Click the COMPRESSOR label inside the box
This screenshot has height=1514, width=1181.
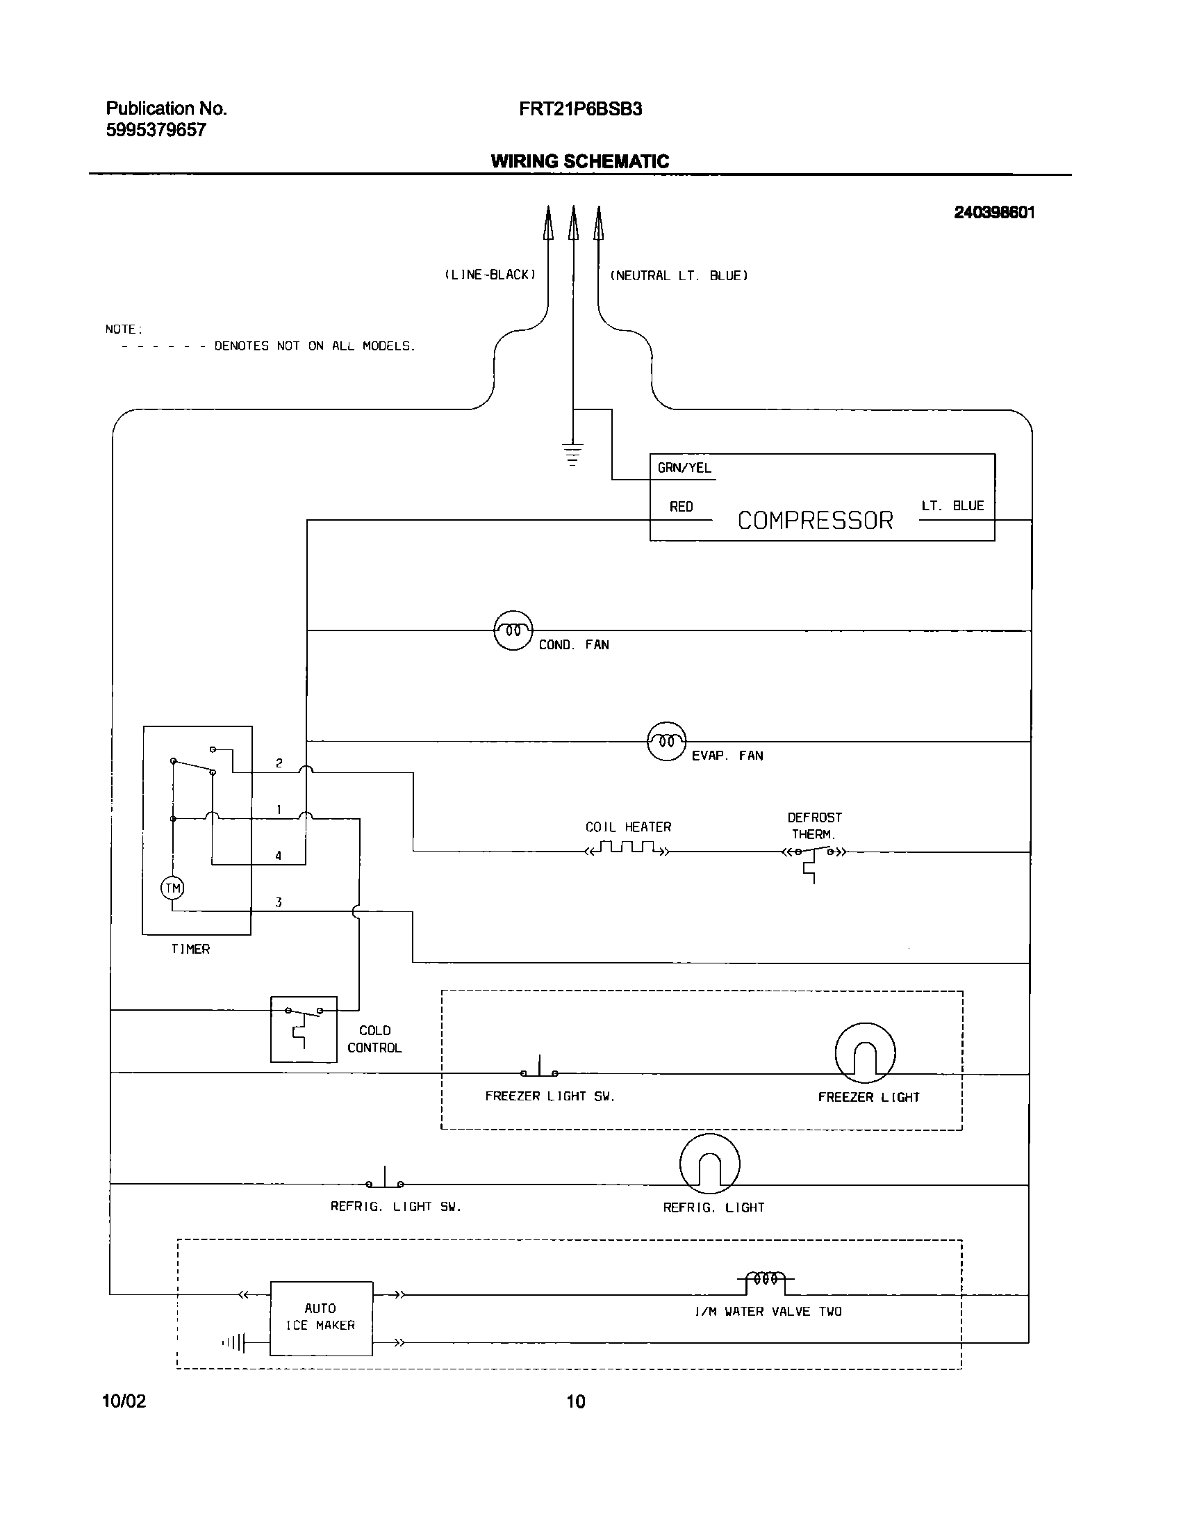pyautogui.click(x=815, y=520)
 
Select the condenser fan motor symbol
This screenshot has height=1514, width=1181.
pyautogui.click(x=513, y=630)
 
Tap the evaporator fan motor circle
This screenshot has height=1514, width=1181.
pyautogui.click(x=666, y=741)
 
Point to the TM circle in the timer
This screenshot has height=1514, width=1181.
pyautogui.click(x=172, y=888)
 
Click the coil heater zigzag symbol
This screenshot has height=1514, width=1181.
pyautogui.click(x=627, y=848)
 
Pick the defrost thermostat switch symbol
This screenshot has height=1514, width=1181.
pyautogui.click(x=813, y=855)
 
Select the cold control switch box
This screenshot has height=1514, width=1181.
pyautogui.click(x=304, y=1029)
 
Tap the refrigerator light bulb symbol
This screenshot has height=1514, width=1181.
pyautogui.click(x=709, y=1164)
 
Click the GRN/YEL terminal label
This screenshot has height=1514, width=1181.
pyautogui.click(x=684, y=468)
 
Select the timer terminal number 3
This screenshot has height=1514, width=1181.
pyautogui.click(x=279, y=902)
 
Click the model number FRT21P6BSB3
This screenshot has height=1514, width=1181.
pyautogui.click(x=580, y=109)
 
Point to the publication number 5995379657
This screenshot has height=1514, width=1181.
pyautogui.click(x=156, y=130)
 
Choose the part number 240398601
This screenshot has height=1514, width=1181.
pyautogui.click(x=994, y=213)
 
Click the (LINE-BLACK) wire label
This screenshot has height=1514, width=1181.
pyautogui.click(x=490, y=275)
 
